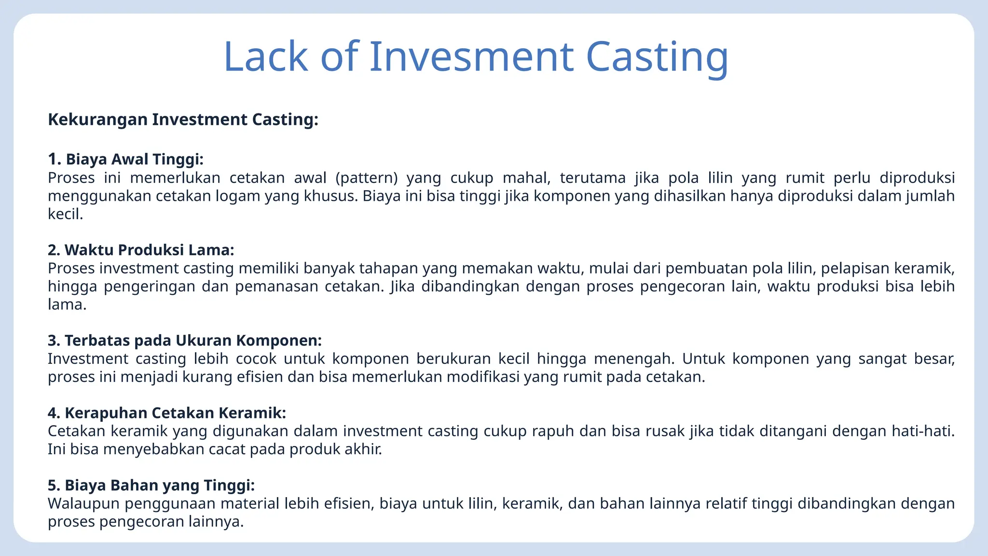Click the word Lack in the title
point(266,56)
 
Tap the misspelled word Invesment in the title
point(471,56)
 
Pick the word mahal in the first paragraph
point(526,178)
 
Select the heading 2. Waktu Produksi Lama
point(141,250)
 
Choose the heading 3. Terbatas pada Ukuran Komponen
point(184,341)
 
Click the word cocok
point(256,359)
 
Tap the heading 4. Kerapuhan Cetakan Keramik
point(167,413)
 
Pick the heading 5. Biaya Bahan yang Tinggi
point(151,486)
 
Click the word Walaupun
point(83,504)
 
